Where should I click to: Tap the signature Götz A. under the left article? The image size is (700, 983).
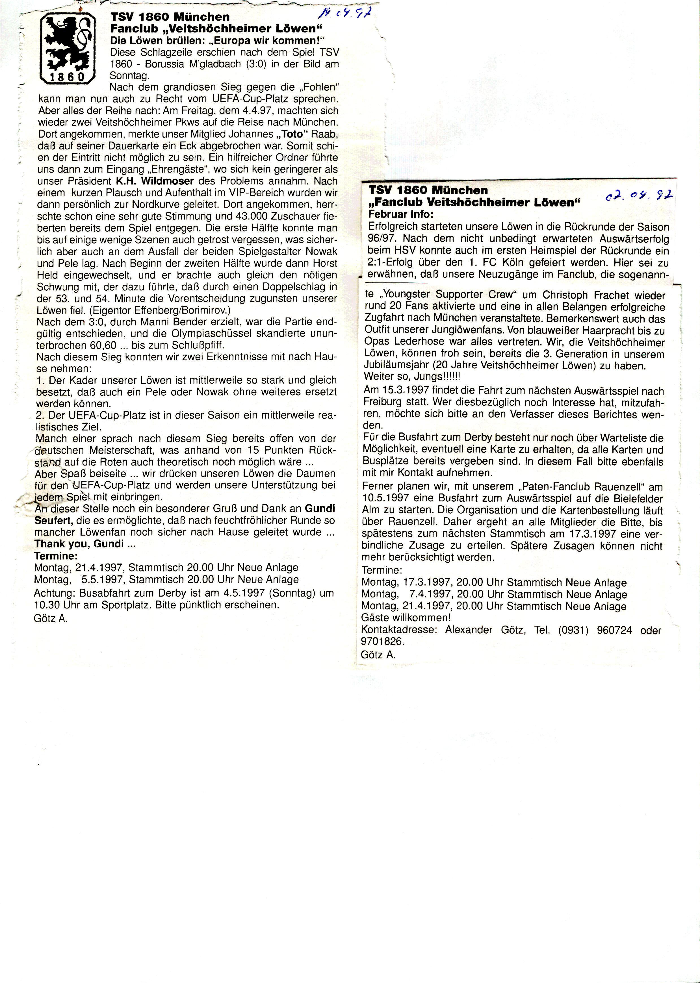tap(51, 619)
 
